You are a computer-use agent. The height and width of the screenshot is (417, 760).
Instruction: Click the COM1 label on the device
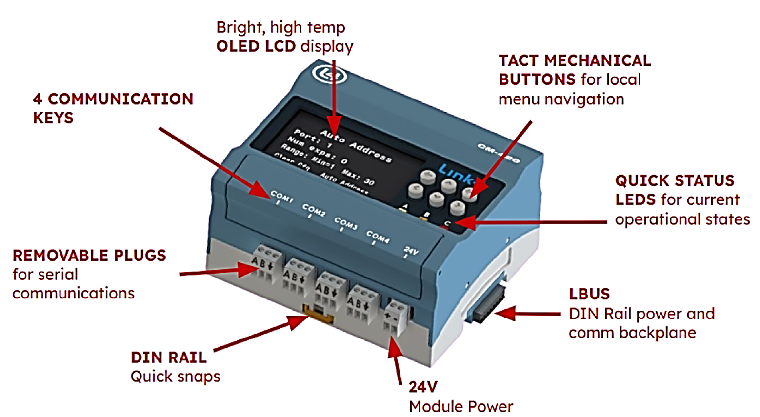click(281, 196)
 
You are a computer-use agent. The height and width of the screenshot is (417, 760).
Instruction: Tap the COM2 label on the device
click(313, 210)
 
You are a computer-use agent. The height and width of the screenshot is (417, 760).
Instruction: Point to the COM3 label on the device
click(345, 223)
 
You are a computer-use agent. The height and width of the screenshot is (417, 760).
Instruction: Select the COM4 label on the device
click(378, 237)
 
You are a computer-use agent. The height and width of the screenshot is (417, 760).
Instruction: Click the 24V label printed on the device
click(411, 251)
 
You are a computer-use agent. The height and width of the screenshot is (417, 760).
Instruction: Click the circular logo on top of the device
click(329, 75)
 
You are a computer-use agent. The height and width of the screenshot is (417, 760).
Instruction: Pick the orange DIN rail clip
click(318, 313)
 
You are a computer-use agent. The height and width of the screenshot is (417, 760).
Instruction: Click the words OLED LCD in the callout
click(256, 46)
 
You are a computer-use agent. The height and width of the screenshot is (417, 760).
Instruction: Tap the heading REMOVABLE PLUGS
click(89, 256)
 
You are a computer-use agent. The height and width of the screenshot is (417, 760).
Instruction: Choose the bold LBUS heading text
click(589, 294)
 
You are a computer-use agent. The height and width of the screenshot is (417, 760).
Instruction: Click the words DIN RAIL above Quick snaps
click(168, 357)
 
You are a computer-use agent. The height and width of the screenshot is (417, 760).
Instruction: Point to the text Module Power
click(460, 406)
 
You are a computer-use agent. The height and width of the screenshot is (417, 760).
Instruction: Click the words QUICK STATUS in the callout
click(674, 181)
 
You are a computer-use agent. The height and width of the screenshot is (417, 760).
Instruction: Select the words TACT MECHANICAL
click(574, 60)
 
